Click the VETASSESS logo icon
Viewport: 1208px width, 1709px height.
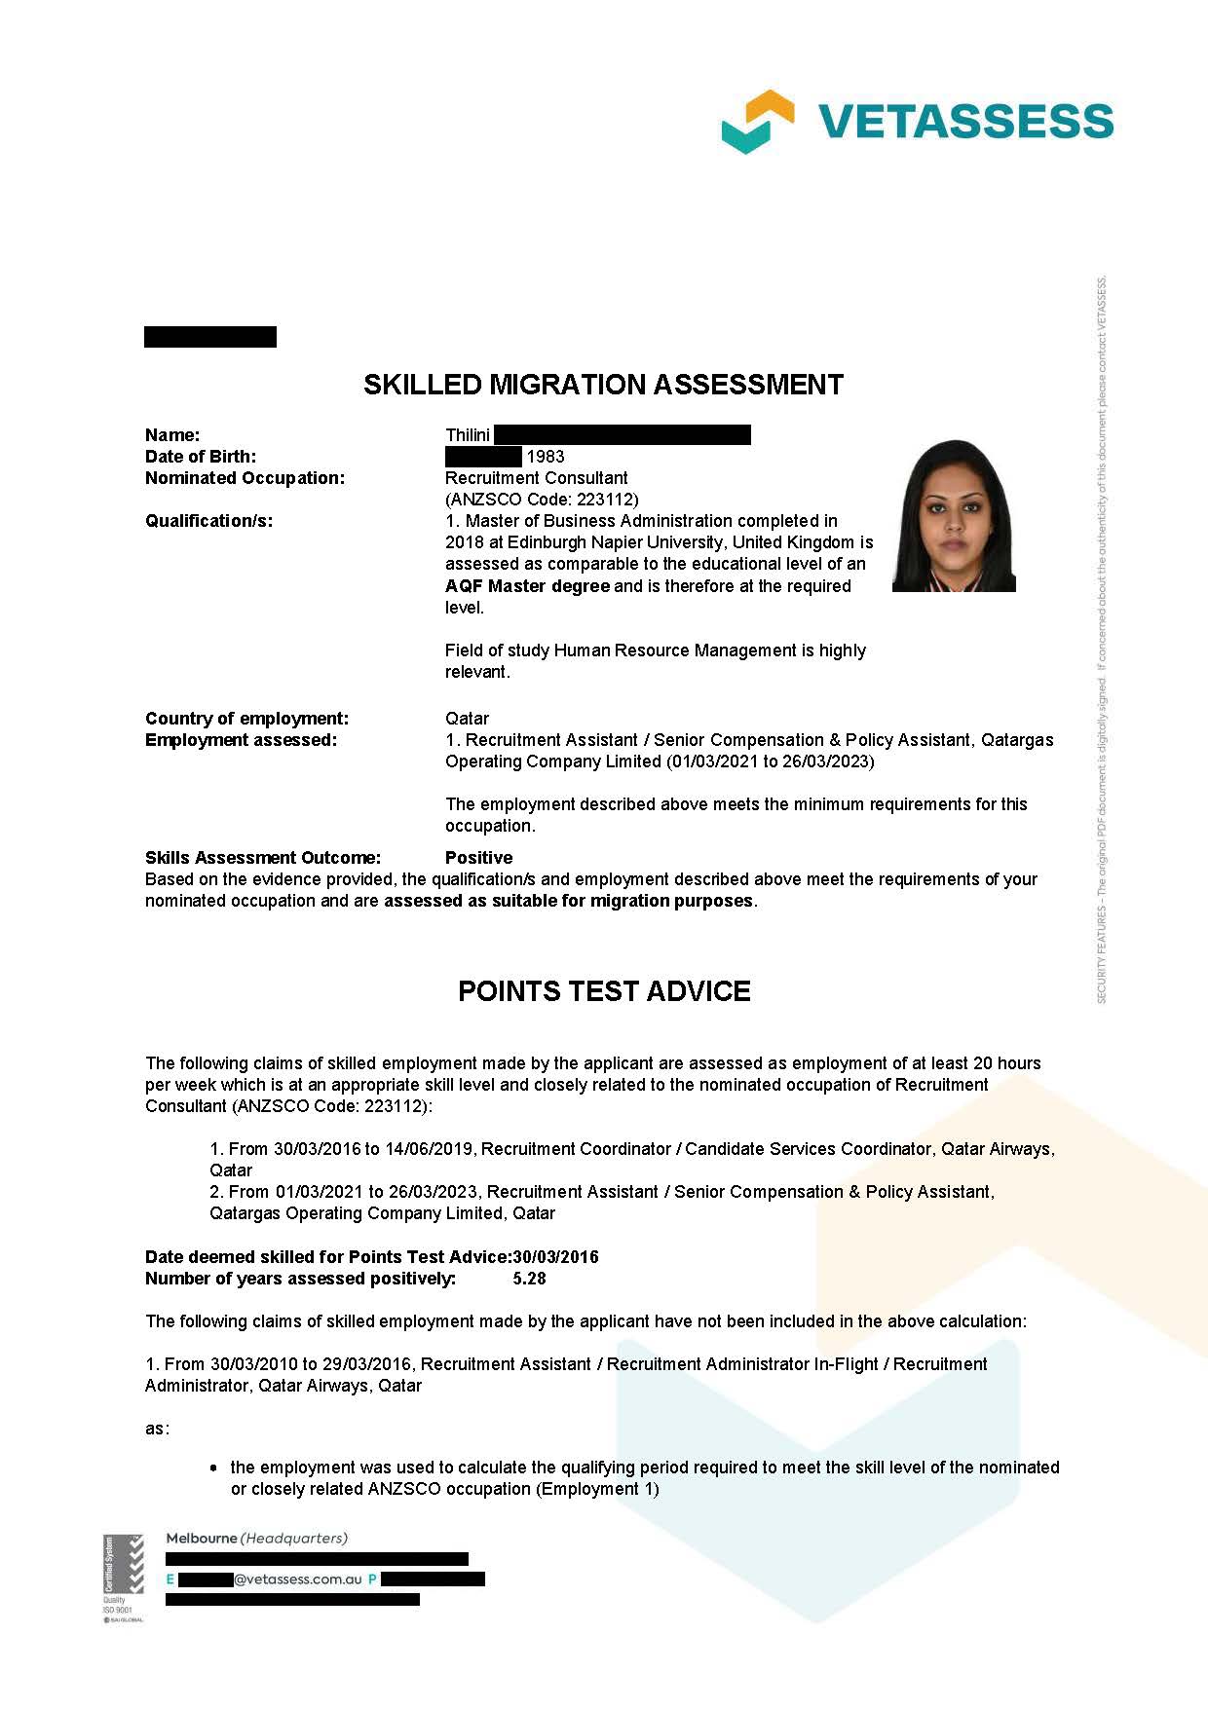tap(757, 122)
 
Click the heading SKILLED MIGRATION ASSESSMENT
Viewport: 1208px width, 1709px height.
tap(603, 385)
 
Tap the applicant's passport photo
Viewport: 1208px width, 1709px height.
tap(954, 516)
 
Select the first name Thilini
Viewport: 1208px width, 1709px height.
tap(468, 435)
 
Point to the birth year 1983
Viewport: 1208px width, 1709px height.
tap(546, 457)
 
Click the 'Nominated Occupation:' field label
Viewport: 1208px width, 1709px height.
tap(245, 478)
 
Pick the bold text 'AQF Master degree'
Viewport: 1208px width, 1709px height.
tap(527, 586)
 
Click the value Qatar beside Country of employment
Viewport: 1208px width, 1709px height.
tap(467, 719)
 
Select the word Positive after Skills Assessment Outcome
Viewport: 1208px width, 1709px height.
tap(478, 858)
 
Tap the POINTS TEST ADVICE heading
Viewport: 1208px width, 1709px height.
tap(604, 991)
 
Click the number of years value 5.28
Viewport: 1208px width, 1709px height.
tap(529, 1279)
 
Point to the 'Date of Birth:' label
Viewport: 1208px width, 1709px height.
tap(201, 457)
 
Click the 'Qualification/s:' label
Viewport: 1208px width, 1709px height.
tap(208, 521)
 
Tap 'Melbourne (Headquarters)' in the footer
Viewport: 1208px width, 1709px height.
tap(256, 1539)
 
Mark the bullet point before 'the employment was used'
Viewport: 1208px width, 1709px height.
tap(214, 1468)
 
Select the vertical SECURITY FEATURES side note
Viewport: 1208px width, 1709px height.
tap(1102, 643)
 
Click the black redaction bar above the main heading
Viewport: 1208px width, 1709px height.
tap(210, 337)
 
